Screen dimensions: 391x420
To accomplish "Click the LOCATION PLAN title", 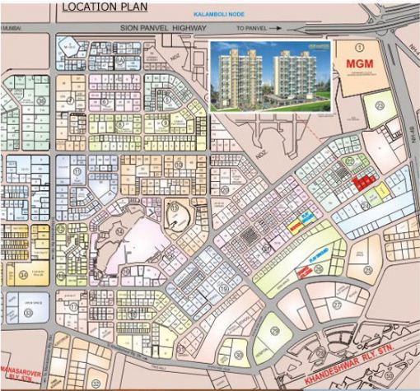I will point(105,8).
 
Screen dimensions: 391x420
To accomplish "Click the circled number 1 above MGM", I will point(350,48).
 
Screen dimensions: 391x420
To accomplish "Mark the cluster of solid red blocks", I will point(360,182).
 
